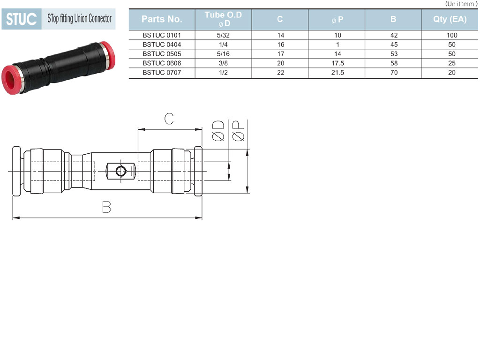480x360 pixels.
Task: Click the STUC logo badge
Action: click(x=22, y=19)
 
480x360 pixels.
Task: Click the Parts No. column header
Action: click(x=162, y=19)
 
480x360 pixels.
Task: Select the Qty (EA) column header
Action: click(x=450, y=19)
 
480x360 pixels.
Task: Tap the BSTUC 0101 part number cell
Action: click(x=162, y=35)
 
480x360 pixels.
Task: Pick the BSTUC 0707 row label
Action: click(x=162, y=73)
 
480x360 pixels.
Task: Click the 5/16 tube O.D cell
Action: click(x=223, y=54)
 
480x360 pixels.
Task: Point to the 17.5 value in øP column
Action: click(x=337, y=63)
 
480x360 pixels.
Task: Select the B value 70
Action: click(x=394, y=73)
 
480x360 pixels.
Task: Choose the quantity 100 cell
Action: click(x=452, y=35)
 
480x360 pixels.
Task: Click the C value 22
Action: click(x=281, y=73)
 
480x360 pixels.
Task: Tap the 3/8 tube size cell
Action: click(x=223, y=63)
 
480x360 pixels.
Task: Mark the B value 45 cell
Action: click(x=394, y=45)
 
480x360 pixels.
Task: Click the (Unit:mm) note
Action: click(x=461, y=4)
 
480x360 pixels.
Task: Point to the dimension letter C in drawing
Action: click(x=169, y=119)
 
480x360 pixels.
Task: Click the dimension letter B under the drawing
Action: click(x=106, y=207)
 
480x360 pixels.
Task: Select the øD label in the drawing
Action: click(x=218, y=131)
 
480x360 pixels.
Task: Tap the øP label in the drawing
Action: click(x=238, y=131)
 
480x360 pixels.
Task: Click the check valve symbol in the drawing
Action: click(x=121, y=171)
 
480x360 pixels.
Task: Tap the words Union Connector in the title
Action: click(x=93, y=19)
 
